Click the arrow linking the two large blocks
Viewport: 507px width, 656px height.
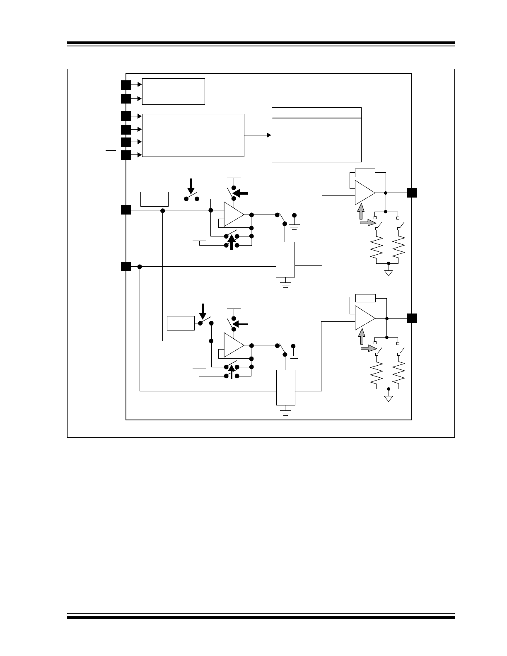click(258, 135)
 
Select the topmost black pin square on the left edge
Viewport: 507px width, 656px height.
click(126, 85)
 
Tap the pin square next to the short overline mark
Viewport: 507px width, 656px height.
click(126, 155)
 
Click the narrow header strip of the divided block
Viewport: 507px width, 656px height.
click(316, 113)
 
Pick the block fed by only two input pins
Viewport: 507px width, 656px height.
click(174, 92)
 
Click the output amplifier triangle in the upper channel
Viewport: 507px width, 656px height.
click(364, 193)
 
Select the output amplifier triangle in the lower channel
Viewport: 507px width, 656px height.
click(364, 318)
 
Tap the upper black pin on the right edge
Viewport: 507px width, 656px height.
click(411, 193)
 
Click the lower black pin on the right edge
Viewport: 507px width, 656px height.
click(411, 318)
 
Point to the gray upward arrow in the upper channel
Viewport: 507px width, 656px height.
click(361, 211)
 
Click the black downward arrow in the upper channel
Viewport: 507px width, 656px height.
click(191, 186)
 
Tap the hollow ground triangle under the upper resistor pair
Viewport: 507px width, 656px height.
click(389, 273)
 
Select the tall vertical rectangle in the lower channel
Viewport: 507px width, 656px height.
click(286, 388)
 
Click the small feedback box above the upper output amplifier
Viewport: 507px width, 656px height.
click(365, 173)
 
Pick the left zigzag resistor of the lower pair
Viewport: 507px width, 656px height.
click(376, 372)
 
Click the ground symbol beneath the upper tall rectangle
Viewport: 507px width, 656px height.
click(285, 284)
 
